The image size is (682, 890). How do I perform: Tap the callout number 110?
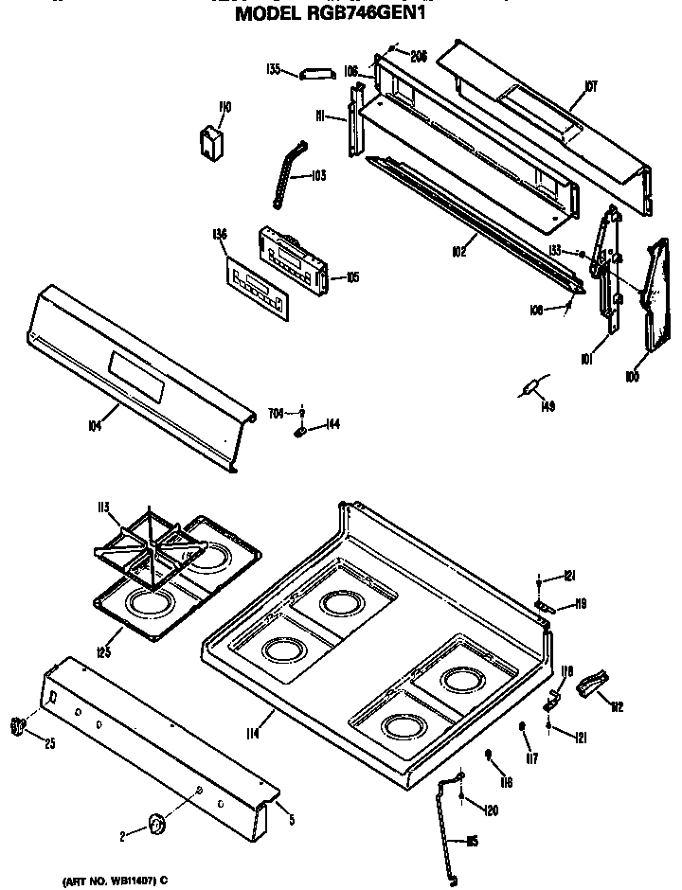(224, 108)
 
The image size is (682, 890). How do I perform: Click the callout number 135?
(274, 69)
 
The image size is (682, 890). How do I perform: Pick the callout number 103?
(316, 175)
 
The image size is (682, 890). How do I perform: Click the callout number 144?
(332, 424)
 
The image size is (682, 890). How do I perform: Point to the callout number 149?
(547, 407)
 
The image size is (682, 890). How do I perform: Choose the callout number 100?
(632, 377)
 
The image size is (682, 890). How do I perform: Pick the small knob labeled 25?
(16, 726)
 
